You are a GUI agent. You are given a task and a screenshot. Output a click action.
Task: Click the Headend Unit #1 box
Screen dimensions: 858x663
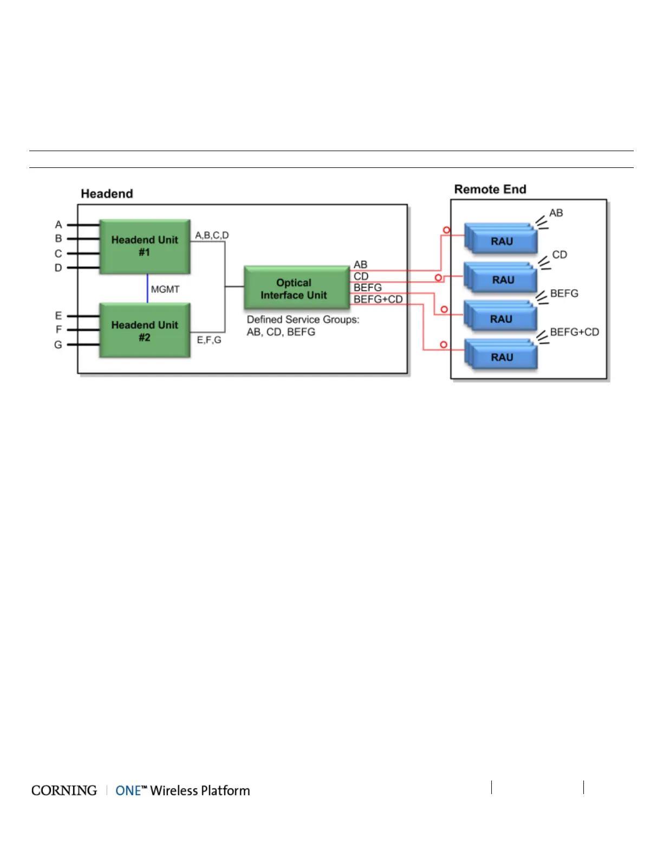coord(145,246)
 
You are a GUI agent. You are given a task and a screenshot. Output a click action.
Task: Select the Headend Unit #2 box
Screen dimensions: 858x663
coord(145,330)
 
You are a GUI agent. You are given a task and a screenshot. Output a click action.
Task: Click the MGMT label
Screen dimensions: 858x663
coord(165,289)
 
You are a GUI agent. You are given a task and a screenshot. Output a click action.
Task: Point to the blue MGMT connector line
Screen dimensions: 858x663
coord(147,288)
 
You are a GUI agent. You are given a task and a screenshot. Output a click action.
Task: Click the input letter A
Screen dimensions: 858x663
coord(58,224)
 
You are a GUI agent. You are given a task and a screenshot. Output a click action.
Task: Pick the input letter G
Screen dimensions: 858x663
coord(58,344)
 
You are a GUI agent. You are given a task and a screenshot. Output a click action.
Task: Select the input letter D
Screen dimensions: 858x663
coord(58,268)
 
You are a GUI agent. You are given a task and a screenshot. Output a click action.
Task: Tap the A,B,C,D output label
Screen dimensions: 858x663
coord(212,235)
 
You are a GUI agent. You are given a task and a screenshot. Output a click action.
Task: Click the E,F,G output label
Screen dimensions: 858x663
coord(209,340)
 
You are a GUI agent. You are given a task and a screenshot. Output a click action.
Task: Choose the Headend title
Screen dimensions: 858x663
coord(107,194)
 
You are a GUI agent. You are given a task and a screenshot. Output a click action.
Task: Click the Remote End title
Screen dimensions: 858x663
coord(490,189)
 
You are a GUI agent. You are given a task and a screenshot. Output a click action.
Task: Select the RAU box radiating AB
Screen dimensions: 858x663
coord(502,241)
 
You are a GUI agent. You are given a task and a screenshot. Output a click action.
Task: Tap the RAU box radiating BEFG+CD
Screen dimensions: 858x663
coord(502,357)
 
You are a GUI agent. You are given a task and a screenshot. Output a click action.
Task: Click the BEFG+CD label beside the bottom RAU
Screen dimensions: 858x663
coord(574,332)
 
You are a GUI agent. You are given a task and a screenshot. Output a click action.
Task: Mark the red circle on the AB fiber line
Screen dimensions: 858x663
coord(446,230)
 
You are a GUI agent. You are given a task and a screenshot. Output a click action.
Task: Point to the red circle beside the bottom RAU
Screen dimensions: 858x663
coord(444,344)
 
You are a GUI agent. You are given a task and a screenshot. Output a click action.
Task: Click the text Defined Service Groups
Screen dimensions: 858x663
coord(303,320)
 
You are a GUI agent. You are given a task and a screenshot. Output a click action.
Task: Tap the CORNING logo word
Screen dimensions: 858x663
coord(64,790)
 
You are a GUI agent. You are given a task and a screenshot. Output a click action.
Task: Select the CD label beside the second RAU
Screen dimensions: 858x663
coord(560,255)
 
